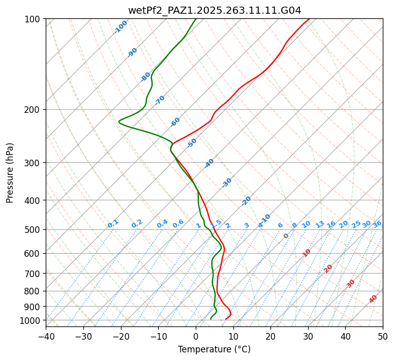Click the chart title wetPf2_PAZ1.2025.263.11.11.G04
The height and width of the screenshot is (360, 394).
(x=214, y=10)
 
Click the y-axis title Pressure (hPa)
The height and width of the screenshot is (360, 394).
(x=10, y=172)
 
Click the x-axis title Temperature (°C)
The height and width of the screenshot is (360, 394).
(x=214, y=350)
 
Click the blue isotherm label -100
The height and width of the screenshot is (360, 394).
(x=120, y=26)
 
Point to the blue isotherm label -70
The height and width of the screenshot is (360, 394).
(x=160, y=100)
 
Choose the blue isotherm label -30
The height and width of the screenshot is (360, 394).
(x=227, y=183)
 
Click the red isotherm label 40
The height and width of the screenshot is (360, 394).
(x=373, y=299)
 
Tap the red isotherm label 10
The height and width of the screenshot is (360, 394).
(x=307, y=253)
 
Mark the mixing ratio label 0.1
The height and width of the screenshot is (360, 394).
(x=113, y=224)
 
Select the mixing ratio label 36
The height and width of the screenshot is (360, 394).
(x=377, y=224)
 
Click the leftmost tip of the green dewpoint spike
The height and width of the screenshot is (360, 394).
(x=118, y=122)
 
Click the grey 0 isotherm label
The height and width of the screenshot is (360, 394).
(x=286, y=236)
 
